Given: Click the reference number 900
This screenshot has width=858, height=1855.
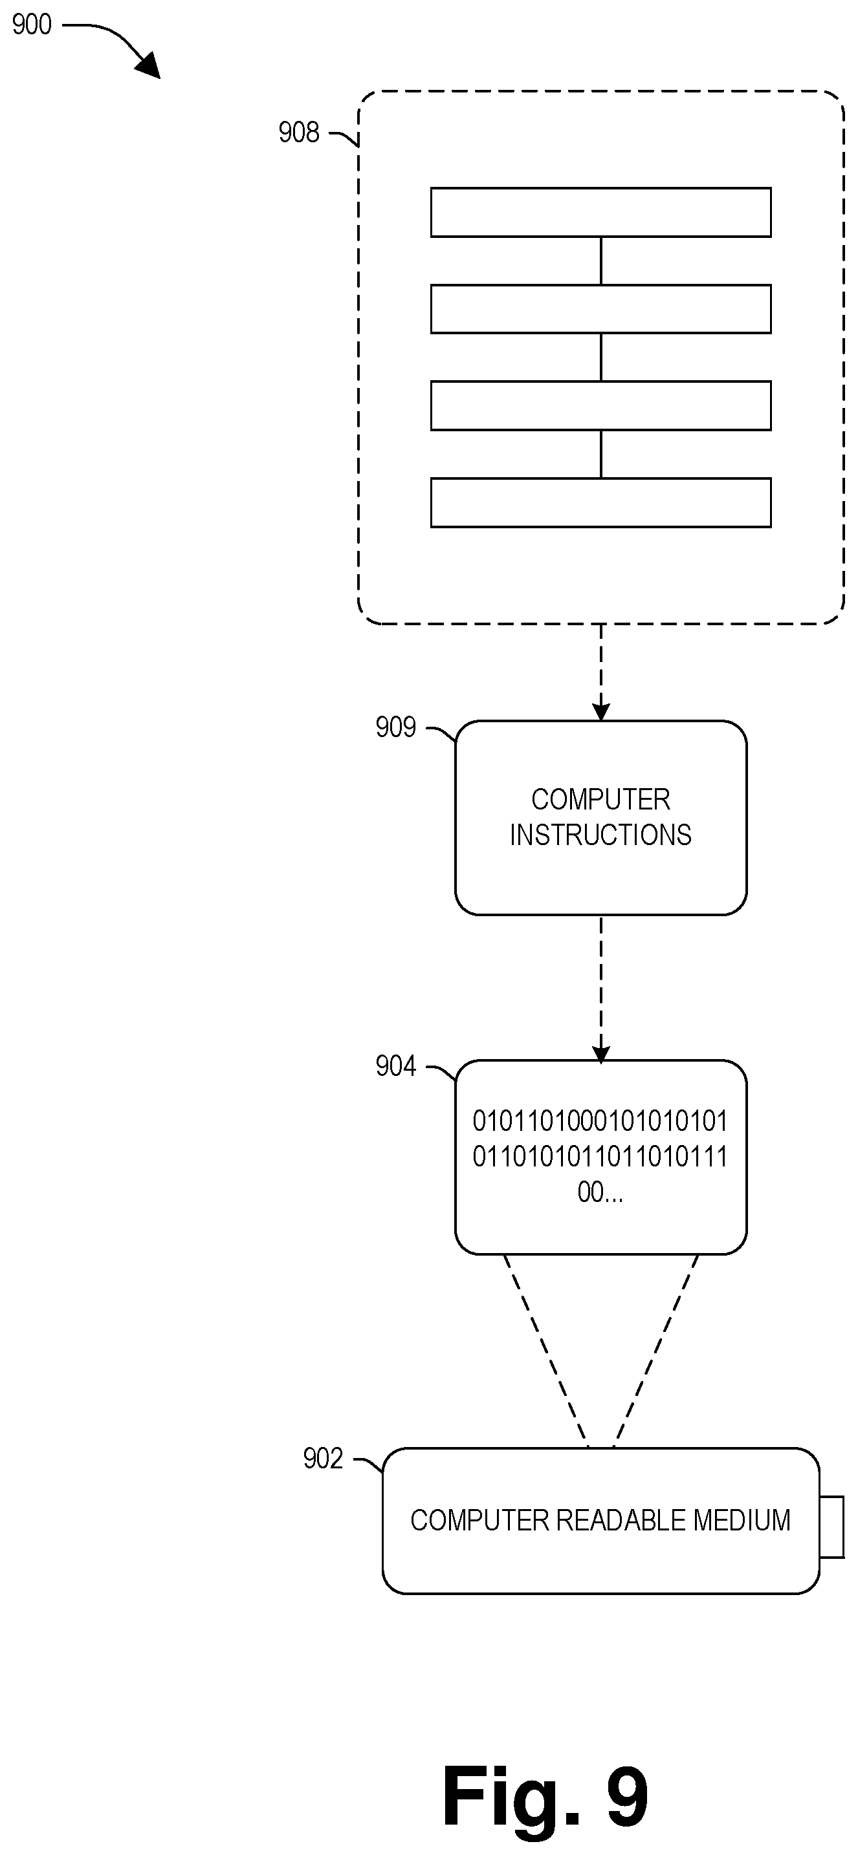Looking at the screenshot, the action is coord(32,25).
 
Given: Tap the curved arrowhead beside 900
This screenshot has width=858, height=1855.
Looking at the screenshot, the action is coord(148,65).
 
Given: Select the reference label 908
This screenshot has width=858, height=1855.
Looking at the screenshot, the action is coord(299,133).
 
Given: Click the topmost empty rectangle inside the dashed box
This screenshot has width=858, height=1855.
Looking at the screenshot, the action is coord(601,213).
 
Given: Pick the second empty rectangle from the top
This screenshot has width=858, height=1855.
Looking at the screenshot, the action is coord(601,309).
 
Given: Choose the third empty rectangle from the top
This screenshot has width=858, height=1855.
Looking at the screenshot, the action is coord(601,405).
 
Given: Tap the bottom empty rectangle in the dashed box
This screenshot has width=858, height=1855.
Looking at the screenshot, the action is coord(601,502).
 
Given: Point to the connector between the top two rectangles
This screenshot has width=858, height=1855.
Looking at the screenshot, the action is coord(601,261).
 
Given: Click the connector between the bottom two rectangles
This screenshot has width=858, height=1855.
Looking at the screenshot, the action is coord(601,455).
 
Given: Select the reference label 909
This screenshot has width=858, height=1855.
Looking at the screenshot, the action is coord(395,727).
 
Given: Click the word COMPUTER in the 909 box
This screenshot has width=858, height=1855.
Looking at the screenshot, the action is coord(601,799).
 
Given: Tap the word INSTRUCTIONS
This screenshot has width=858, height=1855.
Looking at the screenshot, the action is coord(601,835).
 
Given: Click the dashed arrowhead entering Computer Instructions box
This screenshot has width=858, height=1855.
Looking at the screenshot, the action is coord(601,711).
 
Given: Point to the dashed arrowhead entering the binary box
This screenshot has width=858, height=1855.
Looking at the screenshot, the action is coord(601,1053).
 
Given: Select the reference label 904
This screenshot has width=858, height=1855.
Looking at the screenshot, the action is coord(395,1066).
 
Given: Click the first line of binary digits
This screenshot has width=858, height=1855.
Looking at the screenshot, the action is coord(600,1121).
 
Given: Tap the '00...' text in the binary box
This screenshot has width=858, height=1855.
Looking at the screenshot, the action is coord(600,1192).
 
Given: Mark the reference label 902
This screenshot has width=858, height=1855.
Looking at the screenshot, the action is coord(323,1459).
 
